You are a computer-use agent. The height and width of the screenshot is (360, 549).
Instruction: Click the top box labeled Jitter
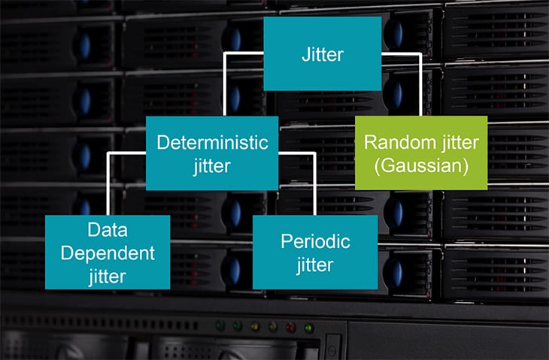pyautogui.click(x=322, y=53)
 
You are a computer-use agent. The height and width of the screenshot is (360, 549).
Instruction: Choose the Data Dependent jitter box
pyautogui.click(x=107, y=252)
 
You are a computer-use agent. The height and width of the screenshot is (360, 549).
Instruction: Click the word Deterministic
pyautogui.click(x=211, y=142)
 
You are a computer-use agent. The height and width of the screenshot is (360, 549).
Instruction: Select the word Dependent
pyautogui.click(x=107, y=253)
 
